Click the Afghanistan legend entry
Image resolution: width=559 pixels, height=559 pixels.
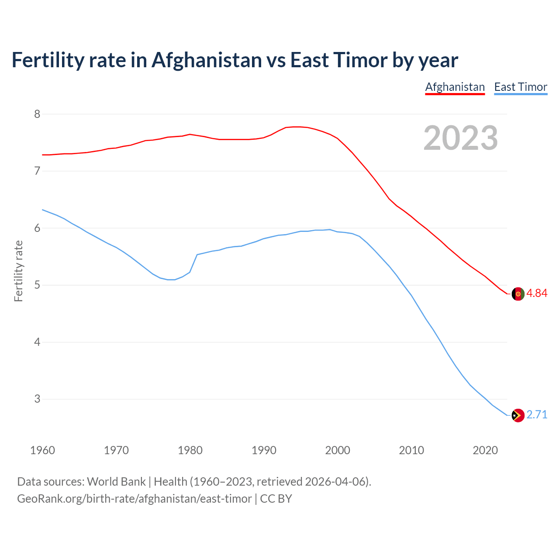click(455, 87)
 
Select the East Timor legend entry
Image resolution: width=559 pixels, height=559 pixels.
click(521, 87)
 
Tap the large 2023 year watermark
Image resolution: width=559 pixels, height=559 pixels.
click(461, 138)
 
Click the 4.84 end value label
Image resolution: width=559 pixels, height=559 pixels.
click(537, 293)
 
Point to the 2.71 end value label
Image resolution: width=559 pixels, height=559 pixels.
click(537, 414)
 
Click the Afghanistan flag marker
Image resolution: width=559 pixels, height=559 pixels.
click(518, 294)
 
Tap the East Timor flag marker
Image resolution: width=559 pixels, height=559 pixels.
click(518, 415)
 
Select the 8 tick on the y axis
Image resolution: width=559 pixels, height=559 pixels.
click(37, 114)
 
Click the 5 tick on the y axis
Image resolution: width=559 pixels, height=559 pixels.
click(37, 285)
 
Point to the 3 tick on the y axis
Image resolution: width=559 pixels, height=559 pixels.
click(37, 399)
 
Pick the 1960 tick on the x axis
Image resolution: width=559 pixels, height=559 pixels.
click(42, 450)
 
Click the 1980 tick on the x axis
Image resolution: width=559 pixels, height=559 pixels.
click(190, 450)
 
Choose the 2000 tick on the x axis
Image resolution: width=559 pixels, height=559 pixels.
click(338, 450)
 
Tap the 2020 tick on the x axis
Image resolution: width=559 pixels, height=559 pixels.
click(485, 450)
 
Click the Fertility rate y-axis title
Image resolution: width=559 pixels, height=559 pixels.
click(18, 271)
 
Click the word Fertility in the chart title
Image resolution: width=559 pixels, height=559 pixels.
click(47, 60)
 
